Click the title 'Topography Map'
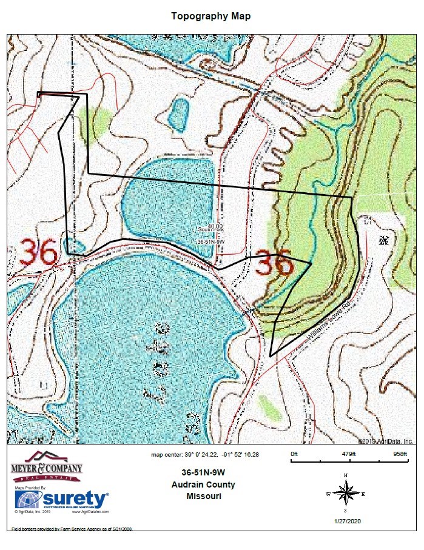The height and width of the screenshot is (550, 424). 210,16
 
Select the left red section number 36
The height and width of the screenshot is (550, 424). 39,252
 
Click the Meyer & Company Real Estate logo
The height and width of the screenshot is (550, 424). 47,467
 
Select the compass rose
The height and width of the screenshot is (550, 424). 345,493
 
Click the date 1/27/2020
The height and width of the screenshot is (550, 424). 346,521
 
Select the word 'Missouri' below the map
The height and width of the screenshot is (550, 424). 204,496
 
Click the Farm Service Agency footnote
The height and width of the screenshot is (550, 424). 72,529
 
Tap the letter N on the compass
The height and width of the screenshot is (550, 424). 345,475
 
